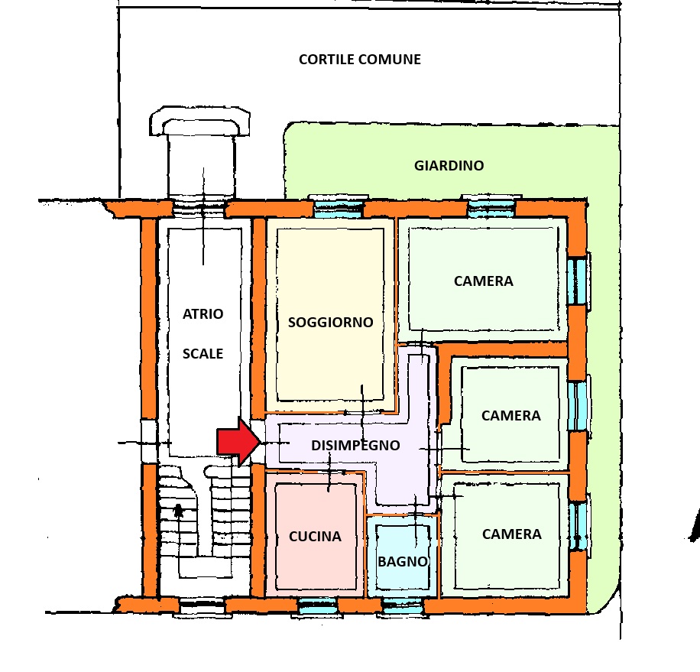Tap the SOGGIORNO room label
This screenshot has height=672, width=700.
pos(330,323)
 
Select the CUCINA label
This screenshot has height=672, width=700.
pos(315,537)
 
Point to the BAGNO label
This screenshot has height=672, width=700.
pos(403,561)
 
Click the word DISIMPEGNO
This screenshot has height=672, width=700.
pos(356,445)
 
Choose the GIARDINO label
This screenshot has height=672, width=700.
pos(449,165)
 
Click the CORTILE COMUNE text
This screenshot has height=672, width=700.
pos(359,60)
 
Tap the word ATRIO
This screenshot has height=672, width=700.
pos(203,313)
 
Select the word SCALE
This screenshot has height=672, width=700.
pos(203,354)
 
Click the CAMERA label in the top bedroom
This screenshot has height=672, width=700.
pos(483,281)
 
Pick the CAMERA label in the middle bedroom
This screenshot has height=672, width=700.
pos(510,416)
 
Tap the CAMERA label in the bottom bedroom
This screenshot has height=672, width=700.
pos(511,534)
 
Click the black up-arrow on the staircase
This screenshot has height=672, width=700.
pos(179,511)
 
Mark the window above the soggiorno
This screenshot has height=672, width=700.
pos(335,205)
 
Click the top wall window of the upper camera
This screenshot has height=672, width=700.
pos(492,205)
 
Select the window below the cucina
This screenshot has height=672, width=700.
pos(317,607)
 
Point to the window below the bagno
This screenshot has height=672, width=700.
pos(402,607)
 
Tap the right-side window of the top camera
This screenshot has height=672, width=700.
pos(579,281)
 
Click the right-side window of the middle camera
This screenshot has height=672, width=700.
pos(581,405)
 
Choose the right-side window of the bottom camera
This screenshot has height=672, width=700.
pos(581,526)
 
